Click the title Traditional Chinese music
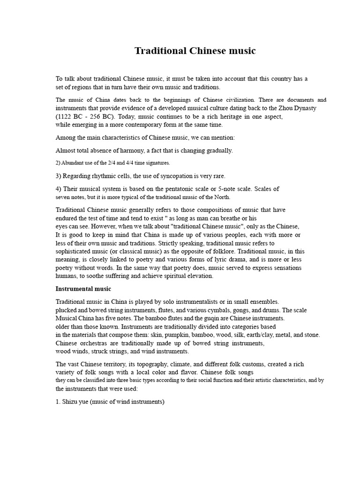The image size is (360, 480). (195, 51)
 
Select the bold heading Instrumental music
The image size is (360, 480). (83, 289)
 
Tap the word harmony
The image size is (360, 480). (130, 150)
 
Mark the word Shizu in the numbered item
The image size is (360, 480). (71, 402)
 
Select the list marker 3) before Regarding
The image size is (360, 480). (59, 176)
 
